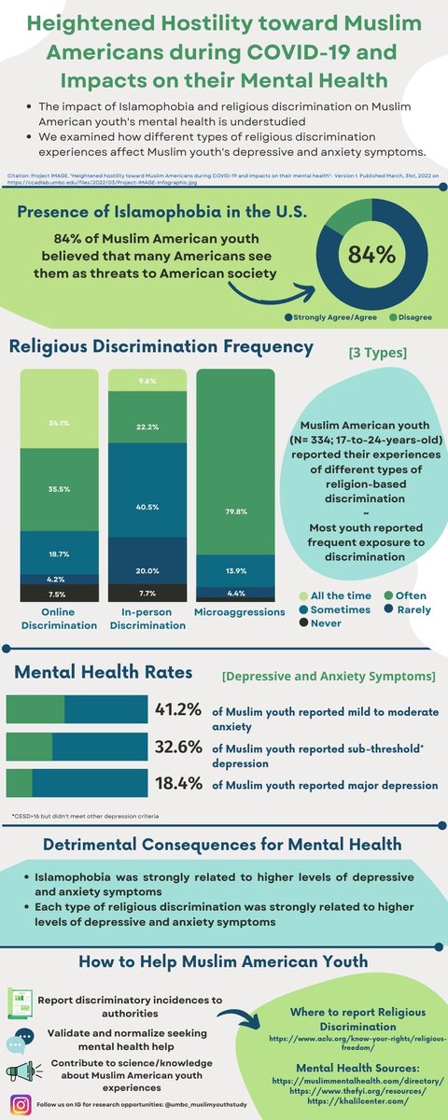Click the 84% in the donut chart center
tap(371, 254)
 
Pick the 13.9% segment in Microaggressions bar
tap(235, 568)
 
